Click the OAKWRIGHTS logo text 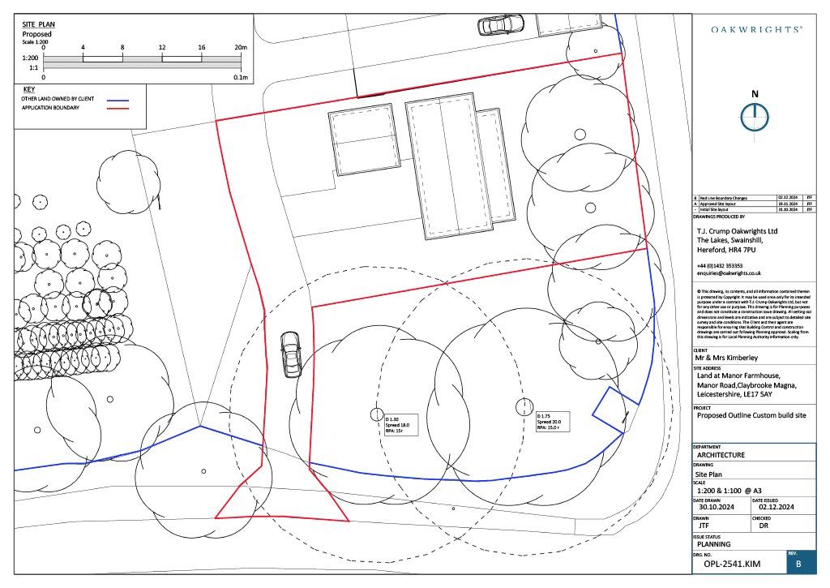[757, 28]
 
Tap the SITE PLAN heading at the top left [38, 26]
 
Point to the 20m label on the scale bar [240, 48]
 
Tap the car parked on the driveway [290, 354]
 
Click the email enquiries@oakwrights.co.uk [729, 274]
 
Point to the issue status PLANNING [714, 544]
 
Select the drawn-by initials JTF [704, 526]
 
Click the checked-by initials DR [763, 526]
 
